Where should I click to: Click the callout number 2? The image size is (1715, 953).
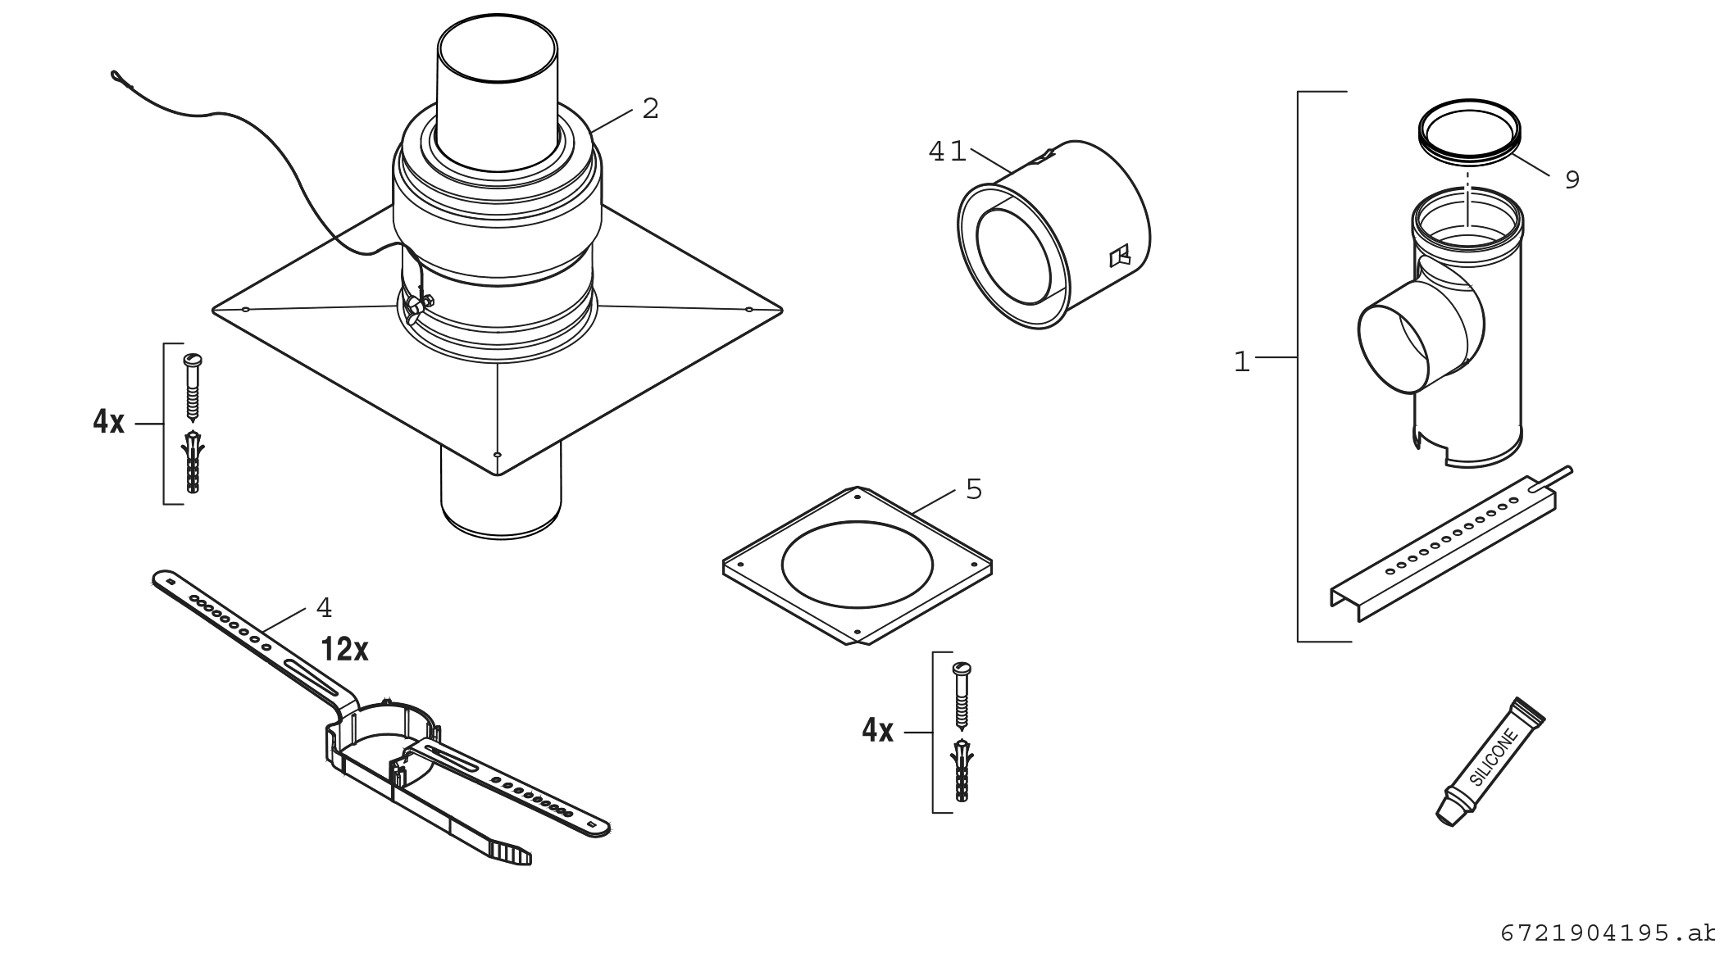650,108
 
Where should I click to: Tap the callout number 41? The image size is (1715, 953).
947,152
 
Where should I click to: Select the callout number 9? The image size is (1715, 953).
1572,179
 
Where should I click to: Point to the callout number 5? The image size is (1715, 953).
973,489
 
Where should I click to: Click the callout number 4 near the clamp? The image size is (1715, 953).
324,608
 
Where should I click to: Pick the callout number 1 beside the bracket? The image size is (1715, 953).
1242,361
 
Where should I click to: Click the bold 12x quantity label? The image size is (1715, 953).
344,650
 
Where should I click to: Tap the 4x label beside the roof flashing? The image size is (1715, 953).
108,423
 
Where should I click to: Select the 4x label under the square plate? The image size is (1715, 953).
877,730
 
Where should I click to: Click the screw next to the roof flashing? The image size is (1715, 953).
193,385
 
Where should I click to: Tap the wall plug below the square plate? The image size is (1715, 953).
962,770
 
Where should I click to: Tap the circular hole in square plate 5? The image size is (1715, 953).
857,564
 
